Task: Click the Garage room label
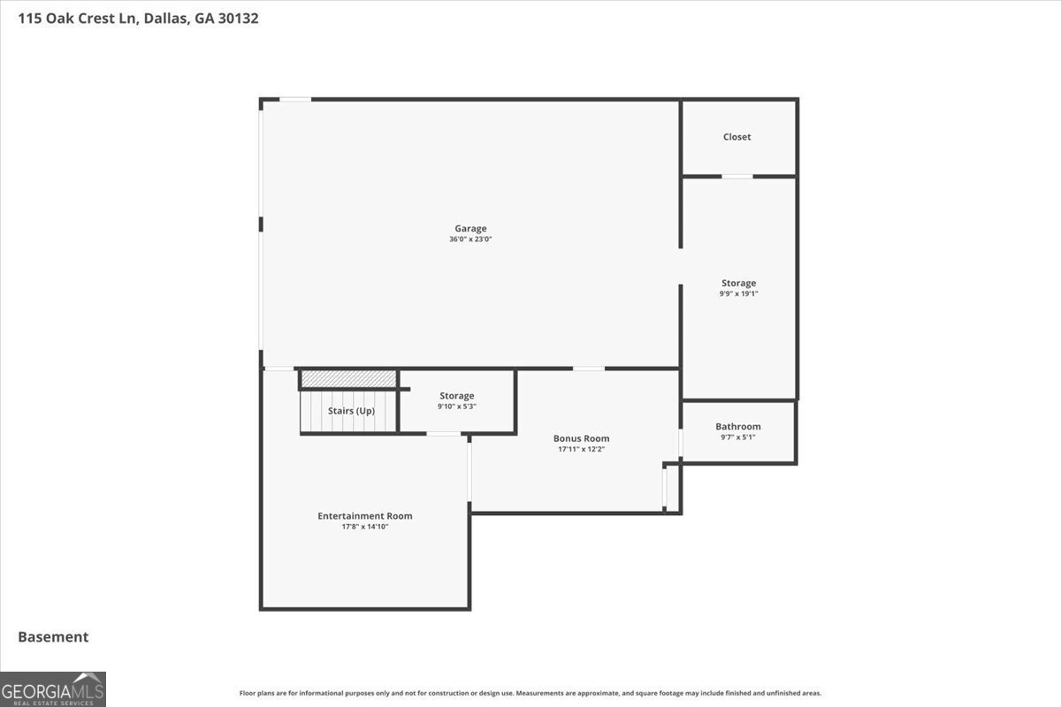pos(470,229)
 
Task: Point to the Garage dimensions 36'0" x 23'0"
pos(470,239)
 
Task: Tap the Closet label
pos(737,137)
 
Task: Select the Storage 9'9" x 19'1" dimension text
pos(738,293)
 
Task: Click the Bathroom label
pos(738,427)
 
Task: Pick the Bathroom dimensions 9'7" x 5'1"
pos(738,437)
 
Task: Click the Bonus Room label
pos(581,438)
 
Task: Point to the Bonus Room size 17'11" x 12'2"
pos(581,449)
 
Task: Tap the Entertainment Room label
pos(364,516)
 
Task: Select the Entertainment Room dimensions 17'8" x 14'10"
pos(364,527)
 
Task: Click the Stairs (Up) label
pos(351,411)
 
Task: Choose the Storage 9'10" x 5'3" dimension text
pos(456,407)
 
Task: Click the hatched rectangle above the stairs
pos(348,378)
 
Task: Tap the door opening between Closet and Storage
pos(737,177)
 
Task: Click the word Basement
pos(53,637)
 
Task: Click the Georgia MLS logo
pos(52,689)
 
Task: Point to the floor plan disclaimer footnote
pos(530,693)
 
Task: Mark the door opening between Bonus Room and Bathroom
pos(681,443)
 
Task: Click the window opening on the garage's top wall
pos(295,100)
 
